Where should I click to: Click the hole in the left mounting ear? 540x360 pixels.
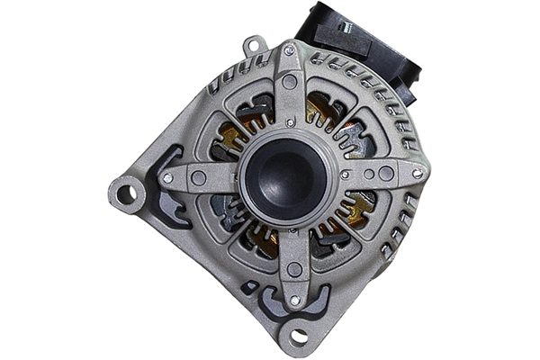(126, 193)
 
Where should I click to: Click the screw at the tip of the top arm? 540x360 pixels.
(289, 51)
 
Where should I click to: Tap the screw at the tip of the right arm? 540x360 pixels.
(417, 173)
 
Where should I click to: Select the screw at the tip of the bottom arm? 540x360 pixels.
(293, 300)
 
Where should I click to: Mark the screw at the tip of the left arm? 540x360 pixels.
(168, 178)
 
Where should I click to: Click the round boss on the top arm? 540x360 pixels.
(289, 81)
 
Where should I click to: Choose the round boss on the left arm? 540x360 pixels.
(198, 178)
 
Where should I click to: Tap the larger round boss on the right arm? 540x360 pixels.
(386, 174)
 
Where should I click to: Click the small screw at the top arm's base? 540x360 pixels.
(289, 121)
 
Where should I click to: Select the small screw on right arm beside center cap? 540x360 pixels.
(346, 175)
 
